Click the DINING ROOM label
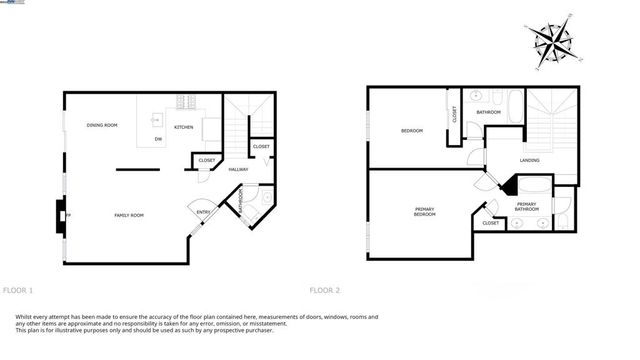coord(102,125)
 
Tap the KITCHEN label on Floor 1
coord(184,127)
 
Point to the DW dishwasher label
coord(158,139)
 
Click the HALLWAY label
coord(238,169)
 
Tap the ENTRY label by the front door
coord(203,212)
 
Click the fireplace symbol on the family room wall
coord(61,214)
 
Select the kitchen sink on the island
coord(157,117)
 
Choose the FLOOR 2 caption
coord(325,290)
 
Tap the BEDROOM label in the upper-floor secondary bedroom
coord(412,131)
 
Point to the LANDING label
coord(530,159)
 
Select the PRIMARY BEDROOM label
coord(425,212)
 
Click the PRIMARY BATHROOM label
coord(527,206)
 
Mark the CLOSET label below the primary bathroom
coord(490,223)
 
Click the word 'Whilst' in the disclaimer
coord(26,316)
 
